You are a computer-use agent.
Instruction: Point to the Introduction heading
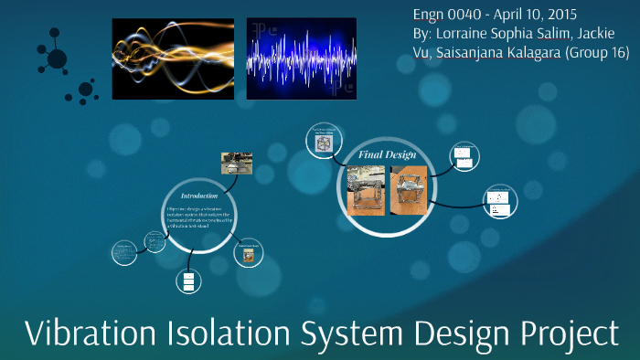point(198,196)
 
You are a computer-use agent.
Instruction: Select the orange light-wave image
point(173,58)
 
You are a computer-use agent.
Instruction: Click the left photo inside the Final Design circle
point(368,189)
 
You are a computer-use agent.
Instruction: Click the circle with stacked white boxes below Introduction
point(189,281)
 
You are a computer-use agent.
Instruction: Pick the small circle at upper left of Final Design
point(323,142)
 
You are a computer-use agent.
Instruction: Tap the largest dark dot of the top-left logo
point(57,59)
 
